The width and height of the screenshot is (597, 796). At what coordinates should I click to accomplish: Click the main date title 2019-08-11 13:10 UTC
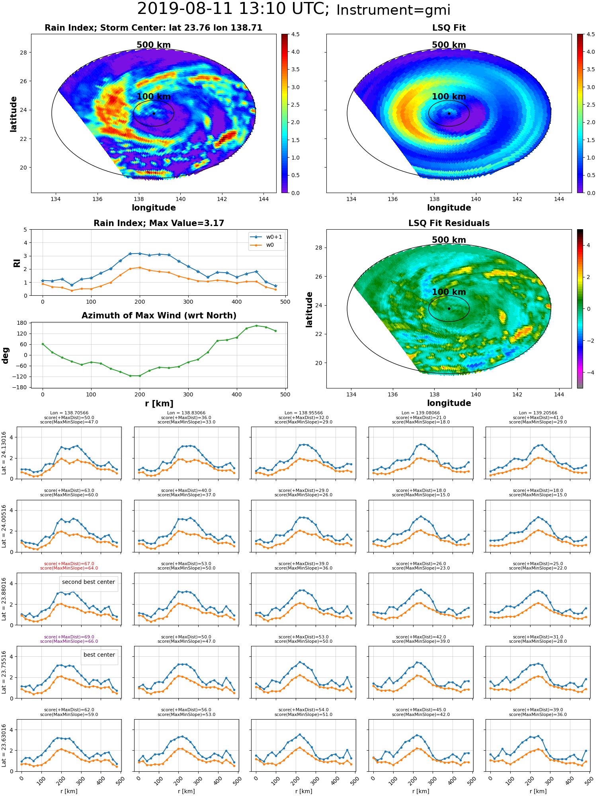(x=233, y=9)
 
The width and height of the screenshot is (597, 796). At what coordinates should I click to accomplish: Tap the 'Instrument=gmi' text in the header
(x=393, y=10)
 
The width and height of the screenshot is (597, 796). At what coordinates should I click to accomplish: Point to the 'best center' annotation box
(x=99, y=655)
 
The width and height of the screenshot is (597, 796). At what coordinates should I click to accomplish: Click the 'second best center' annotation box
(x=88, y=582)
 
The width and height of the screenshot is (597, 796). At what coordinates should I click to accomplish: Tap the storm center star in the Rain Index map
(x=154, y=113)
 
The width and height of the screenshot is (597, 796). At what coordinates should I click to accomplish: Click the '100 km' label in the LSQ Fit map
(x=449, y=97)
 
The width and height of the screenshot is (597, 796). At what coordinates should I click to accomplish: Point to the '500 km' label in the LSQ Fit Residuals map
(x=449, y=240)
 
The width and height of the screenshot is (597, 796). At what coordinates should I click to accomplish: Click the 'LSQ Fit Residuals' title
(x=449, y=223)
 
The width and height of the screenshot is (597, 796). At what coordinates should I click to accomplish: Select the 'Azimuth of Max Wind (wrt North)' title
(x=159, y=316)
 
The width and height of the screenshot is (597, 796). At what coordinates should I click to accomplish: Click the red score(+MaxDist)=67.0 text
(x=69, y=564)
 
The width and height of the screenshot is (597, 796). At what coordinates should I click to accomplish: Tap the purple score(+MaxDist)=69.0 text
(x=69, y=637)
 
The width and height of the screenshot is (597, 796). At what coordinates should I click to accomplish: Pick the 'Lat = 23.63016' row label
(x=4, y=745)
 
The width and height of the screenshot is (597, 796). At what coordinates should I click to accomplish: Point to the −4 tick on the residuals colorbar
(x=588, y=373)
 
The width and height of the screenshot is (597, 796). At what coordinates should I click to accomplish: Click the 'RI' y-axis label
(x=17, y=263)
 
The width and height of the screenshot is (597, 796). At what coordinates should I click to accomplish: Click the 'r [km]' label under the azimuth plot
(x=159, y=404)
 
